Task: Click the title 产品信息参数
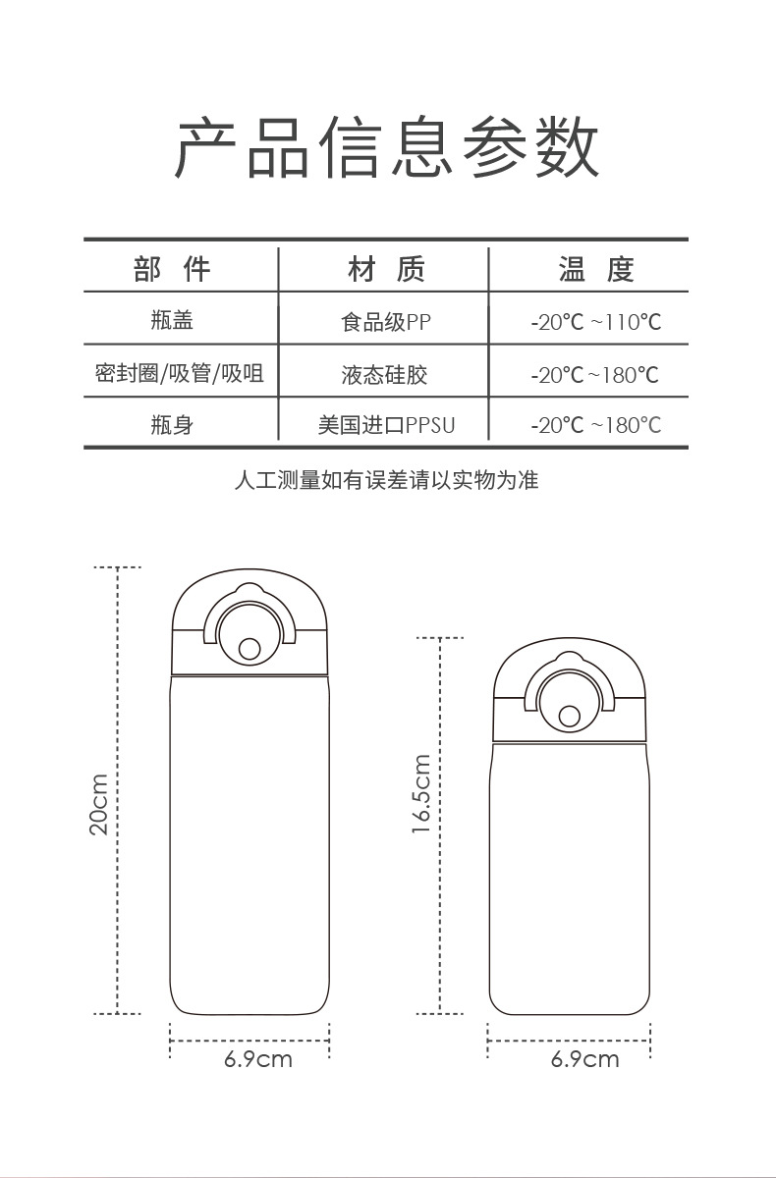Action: point(387,148)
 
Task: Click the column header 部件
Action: point(172,269)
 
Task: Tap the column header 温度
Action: point(596,269)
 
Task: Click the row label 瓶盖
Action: point(172,320)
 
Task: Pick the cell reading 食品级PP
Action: point(386,322)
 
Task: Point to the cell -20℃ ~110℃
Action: point(595,322)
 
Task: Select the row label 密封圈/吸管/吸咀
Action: point(180,373)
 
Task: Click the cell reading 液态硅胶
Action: point(384,374)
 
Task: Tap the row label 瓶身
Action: point(172,425)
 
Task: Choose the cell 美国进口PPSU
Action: point(386,425)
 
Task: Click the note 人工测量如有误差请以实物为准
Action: point(386,480)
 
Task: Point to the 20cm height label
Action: point(99,804)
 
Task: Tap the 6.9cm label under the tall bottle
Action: point(258,1059)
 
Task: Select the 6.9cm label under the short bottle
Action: point(585,1059)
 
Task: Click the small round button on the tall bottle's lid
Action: point(249,649)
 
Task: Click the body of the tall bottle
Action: point(249,844)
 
